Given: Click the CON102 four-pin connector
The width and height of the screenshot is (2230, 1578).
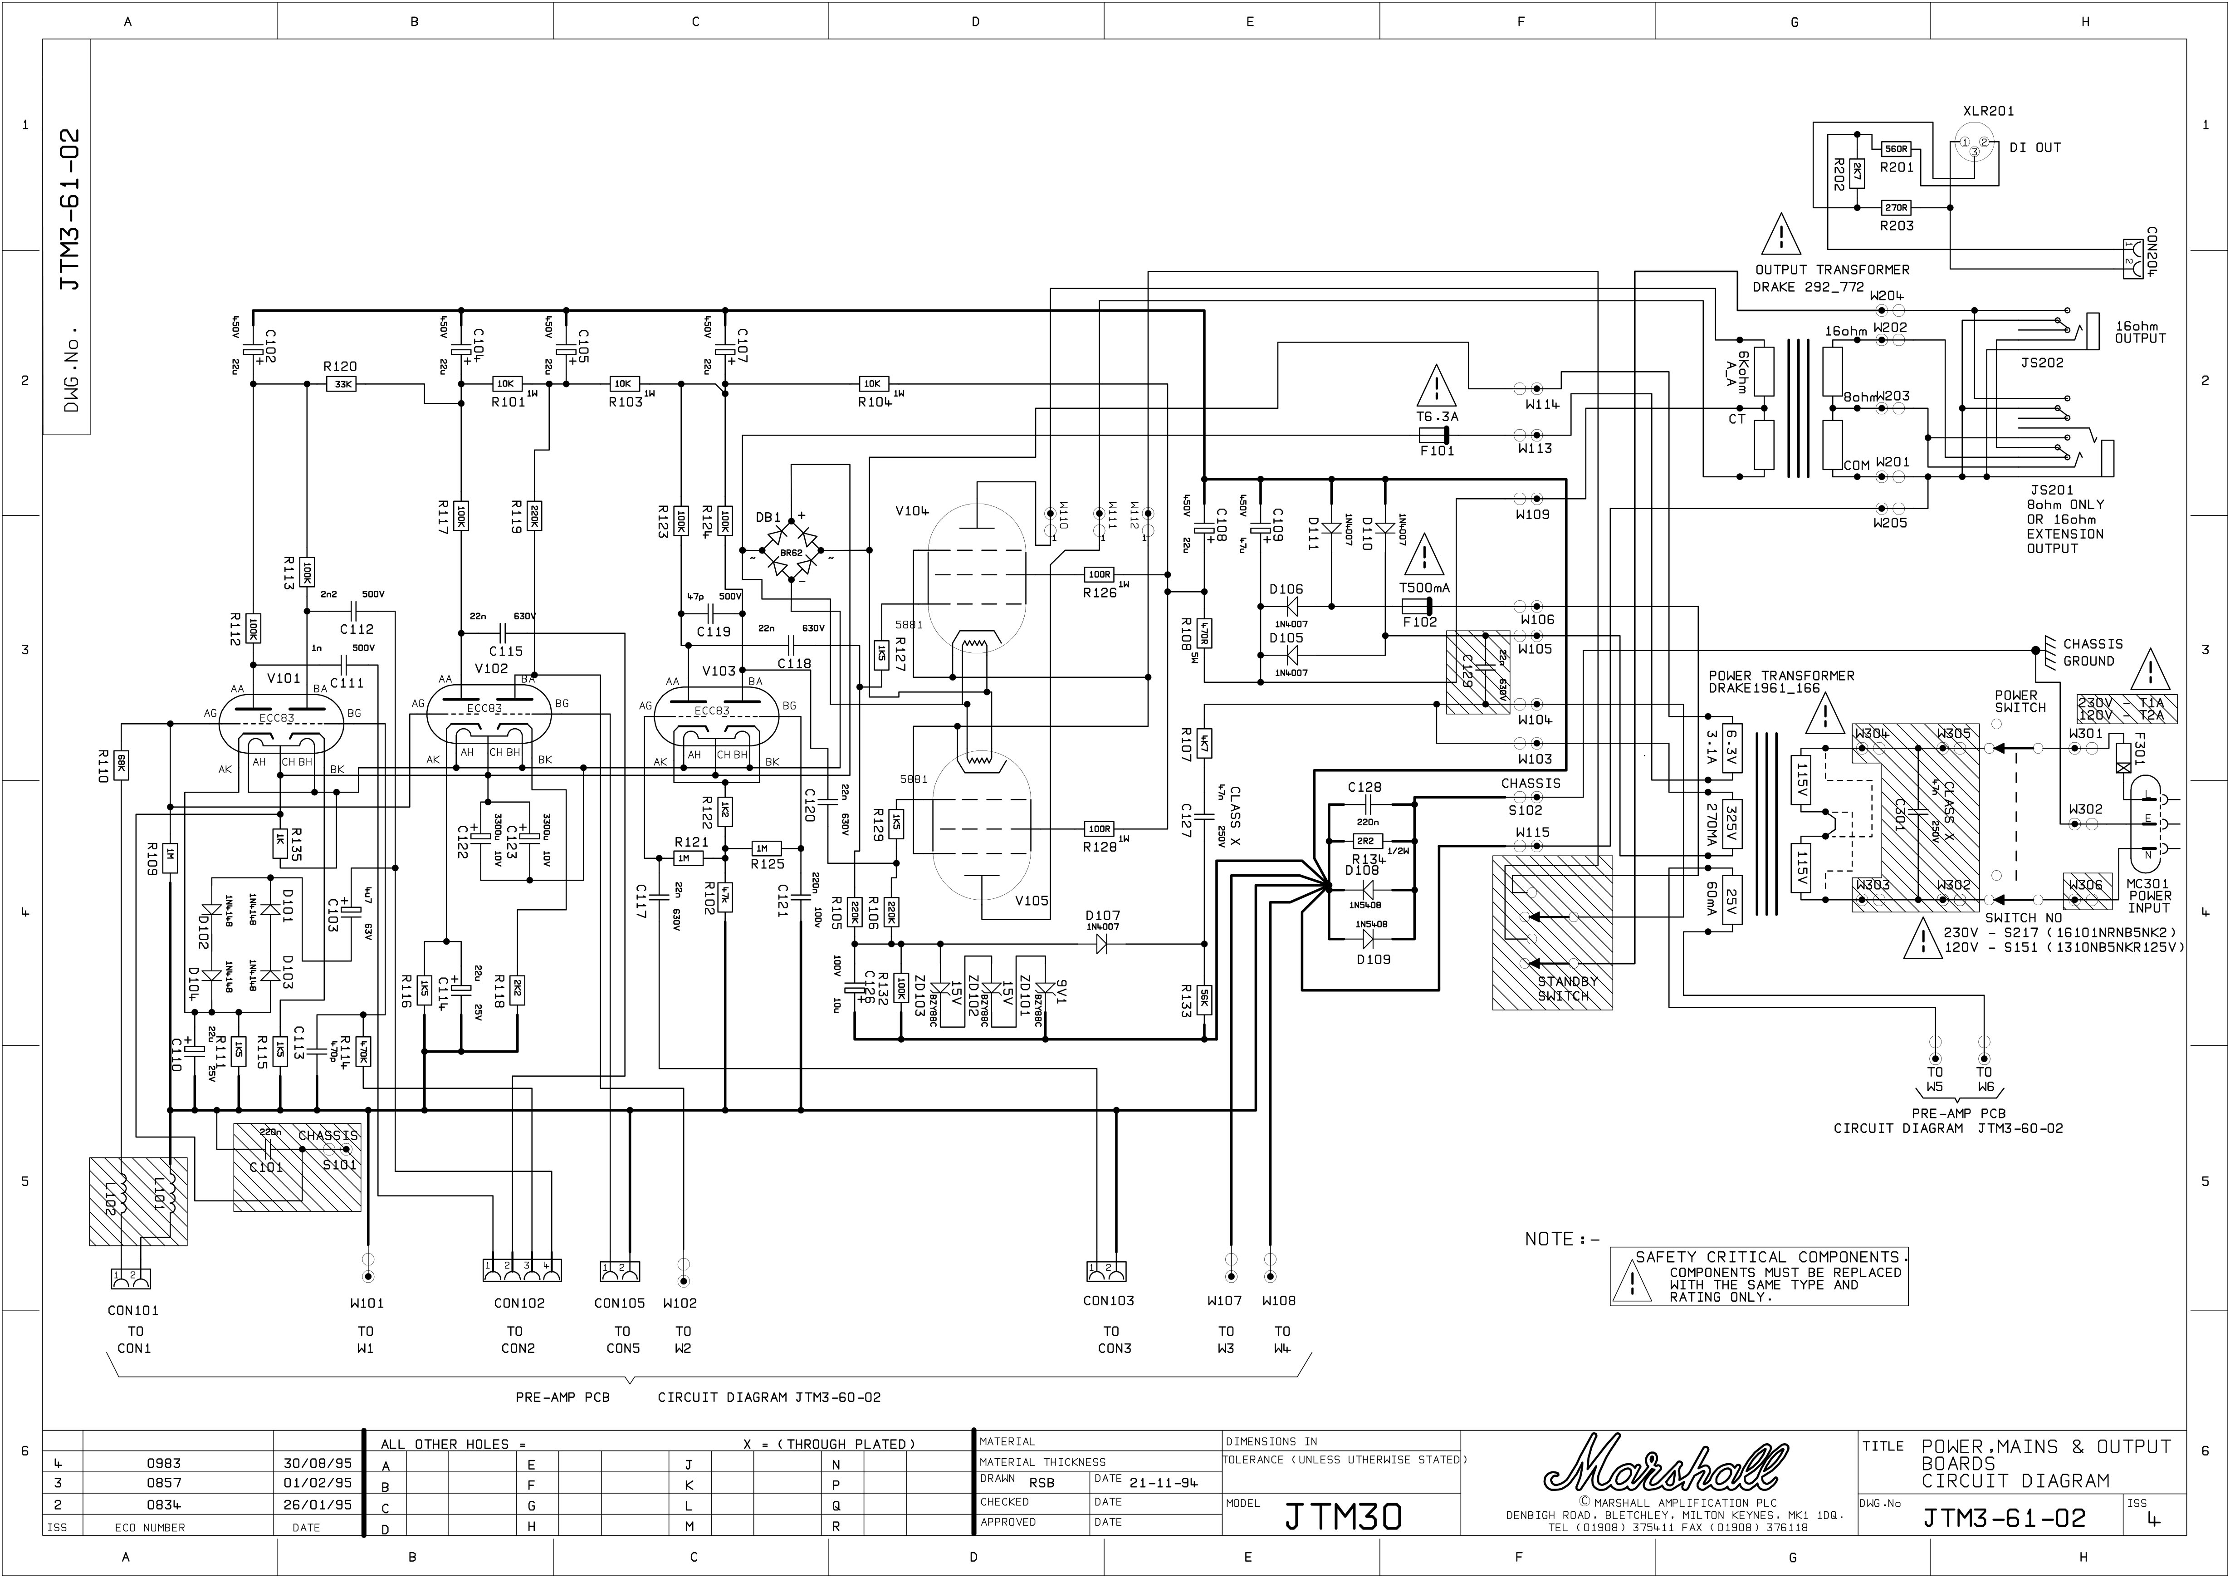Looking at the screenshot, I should (522, 1270).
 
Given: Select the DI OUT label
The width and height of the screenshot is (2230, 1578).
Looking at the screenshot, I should (2035, 148).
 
